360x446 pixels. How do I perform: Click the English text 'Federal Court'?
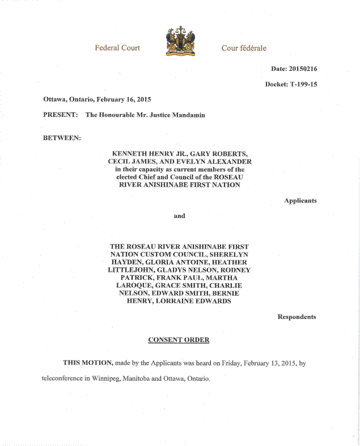(x=117, y=48)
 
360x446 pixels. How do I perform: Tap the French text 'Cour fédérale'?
(x=244, y=48)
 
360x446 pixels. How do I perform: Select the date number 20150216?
(x=303, y=69)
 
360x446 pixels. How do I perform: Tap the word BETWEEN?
(x=62, y=138)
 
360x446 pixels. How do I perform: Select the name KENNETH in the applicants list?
(x=132, y=154)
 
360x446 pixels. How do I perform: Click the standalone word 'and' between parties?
(x=179, y=216)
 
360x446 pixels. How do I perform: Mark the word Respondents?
(x=297, y=317)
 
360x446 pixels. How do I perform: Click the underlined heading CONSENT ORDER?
(x=179, y=340)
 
